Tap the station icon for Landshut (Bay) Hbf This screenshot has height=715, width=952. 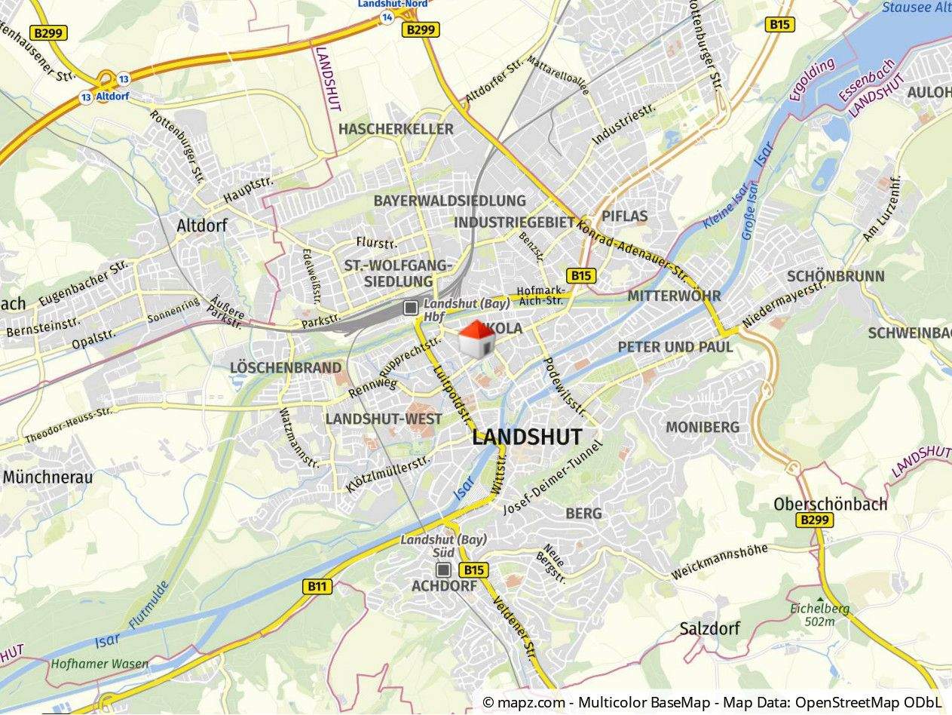point(411,307)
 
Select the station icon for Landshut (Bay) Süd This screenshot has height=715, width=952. point(444,569)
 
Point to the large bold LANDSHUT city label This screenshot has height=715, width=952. point(527,437)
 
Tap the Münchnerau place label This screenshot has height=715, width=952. point(47,477)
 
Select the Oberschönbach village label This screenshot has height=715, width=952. point(831,504)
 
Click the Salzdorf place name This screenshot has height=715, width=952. point(709,628)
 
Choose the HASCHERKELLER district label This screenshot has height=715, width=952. point(396,129)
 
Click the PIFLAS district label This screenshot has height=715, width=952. point(625,216)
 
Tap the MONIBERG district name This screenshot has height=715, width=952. point(703,428)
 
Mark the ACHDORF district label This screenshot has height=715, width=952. point(444,586)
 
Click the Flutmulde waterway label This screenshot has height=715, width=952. point(149,603)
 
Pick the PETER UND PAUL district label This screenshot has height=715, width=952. point(675,347)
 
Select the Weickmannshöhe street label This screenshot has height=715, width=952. point(719,562)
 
